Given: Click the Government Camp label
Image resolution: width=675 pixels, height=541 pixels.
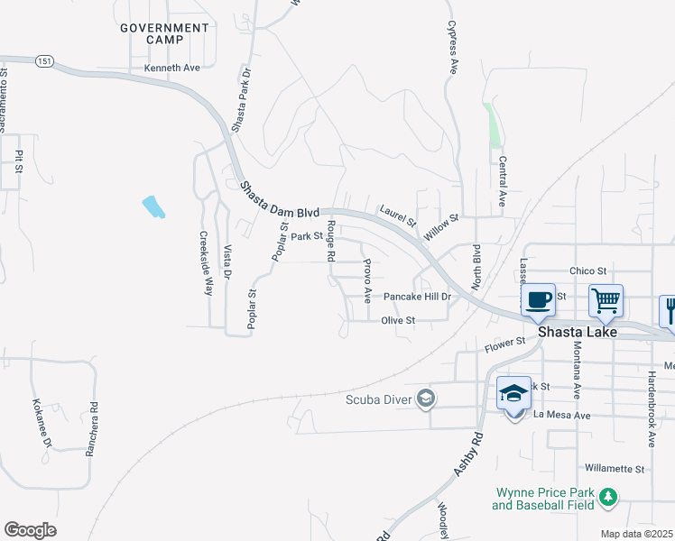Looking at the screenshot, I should point(164,34).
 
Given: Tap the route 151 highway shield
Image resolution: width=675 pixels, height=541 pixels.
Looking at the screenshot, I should point(44,60).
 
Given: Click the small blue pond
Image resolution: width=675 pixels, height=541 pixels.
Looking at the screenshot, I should point(153,206).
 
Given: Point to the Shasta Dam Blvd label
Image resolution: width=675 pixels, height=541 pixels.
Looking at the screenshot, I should point(281,201).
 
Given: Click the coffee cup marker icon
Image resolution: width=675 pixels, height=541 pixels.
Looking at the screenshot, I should point(538,299).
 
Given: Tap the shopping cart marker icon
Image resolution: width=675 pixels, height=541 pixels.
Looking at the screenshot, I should point(606,299).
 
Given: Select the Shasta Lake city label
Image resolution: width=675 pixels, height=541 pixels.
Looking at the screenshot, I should point(578,332).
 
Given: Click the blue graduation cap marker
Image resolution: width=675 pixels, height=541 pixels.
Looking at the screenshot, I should point(513,393).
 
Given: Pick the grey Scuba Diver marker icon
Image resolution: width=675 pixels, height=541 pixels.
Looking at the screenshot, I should point(426,399).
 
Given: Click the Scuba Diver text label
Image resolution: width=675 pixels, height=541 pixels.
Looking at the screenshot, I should point(378,399).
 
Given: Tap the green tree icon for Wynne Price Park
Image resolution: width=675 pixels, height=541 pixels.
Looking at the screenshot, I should point(609,496).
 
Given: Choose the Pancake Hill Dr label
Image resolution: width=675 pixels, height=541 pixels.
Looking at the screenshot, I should point(416,297).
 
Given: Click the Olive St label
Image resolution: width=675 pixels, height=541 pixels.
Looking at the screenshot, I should point(397,320).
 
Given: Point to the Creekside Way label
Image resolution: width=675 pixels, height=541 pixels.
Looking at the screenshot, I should point(206,261).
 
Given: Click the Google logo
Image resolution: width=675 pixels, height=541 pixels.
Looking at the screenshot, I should point(30,530).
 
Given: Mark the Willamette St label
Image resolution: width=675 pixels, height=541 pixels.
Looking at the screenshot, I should point(615,469).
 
